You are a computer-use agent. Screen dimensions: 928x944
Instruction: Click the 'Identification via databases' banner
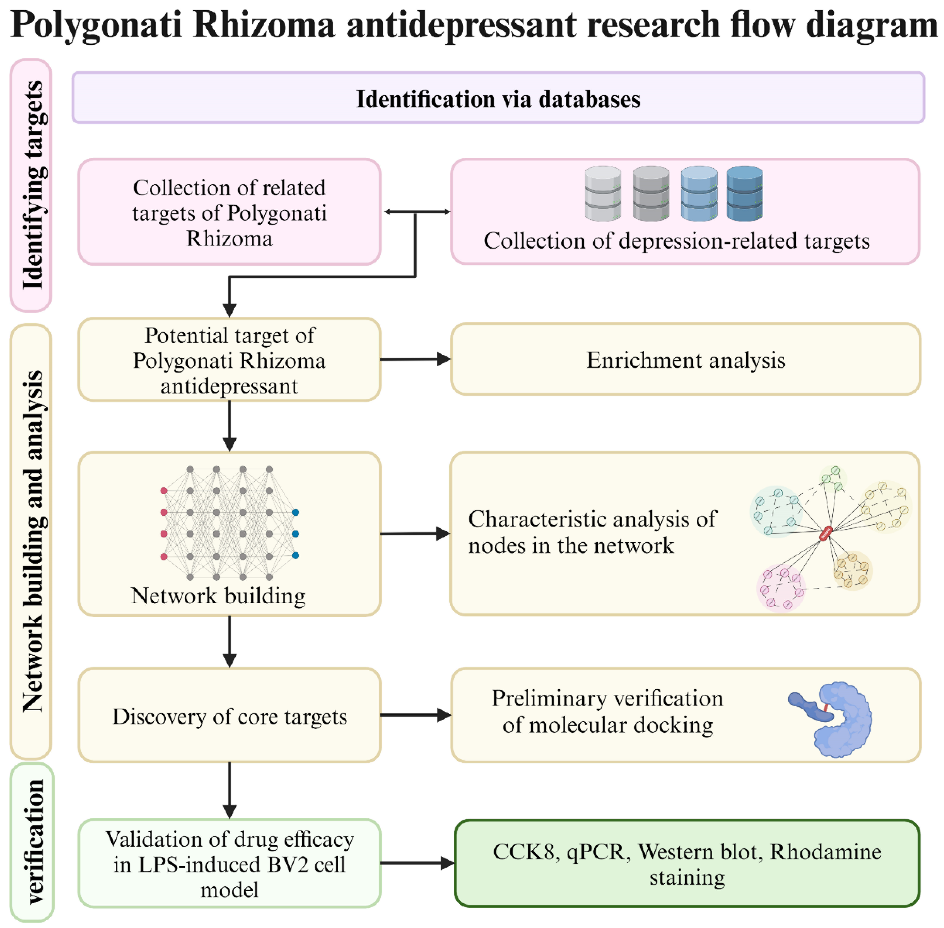click(x=497, y=98)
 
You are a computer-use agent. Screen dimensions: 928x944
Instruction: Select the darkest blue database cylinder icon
click(x=744, y=193)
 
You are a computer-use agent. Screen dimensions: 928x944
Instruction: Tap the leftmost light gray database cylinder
click(x=603, y=193)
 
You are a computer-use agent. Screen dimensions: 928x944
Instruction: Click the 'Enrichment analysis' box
click(x=685, y=360)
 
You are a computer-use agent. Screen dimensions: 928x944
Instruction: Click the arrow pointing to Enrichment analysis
click(x=414, y=360)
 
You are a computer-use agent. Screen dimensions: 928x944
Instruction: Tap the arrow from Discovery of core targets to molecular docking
click(x=414, y=715)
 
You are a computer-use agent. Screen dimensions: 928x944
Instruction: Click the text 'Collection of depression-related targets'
click(x=676, y=241)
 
